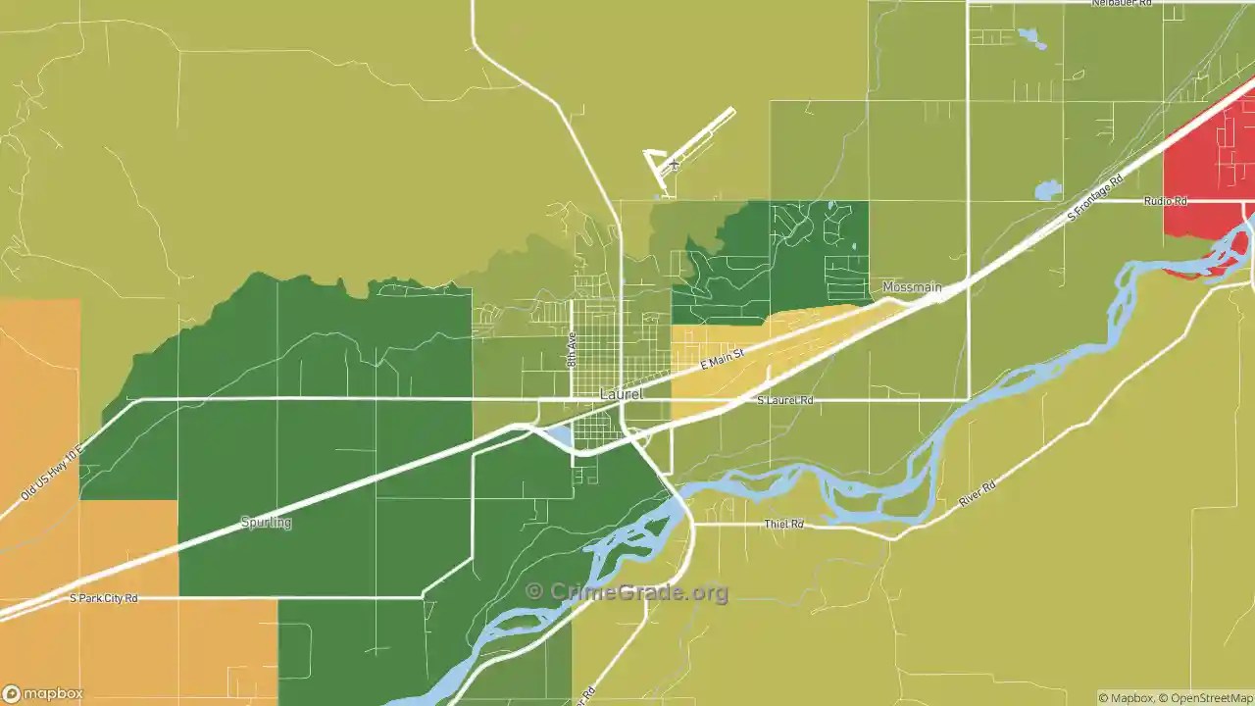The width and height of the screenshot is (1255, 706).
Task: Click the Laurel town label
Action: [622, 394]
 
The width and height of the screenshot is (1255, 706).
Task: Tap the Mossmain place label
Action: [912, 287]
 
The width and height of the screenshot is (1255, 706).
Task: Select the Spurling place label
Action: [266, 523]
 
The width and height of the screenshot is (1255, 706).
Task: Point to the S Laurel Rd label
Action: [785, 401]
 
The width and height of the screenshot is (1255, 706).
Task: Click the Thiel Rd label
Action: [784, 525]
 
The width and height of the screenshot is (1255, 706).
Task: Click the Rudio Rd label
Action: [1165, 201]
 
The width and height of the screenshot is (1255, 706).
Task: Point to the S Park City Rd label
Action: [104, 598]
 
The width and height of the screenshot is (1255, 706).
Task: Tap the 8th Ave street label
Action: [572, 349]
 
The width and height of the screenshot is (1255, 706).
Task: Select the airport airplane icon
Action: [674, 164]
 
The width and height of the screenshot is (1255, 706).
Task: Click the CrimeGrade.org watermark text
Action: [627, 592]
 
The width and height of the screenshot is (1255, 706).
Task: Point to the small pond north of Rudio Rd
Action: [1047, 188]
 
